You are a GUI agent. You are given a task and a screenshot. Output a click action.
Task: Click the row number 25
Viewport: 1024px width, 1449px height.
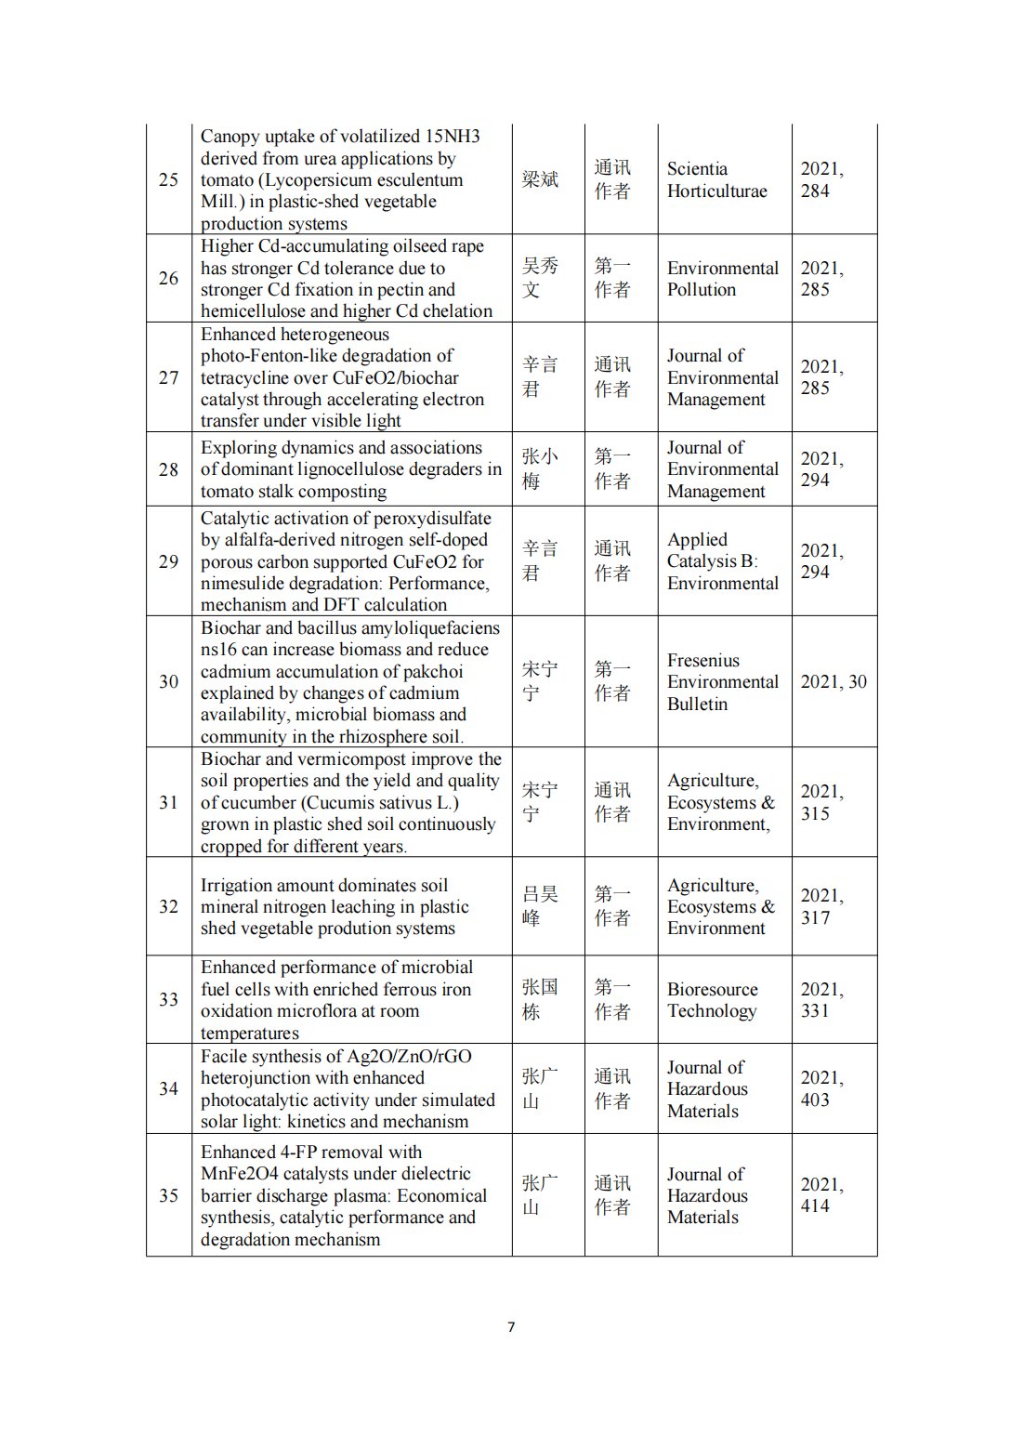(x=168, y=179)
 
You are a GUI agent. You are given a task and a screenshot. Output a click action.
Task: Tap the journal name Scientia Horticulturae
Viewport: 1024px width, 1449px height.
(x=716, y=180)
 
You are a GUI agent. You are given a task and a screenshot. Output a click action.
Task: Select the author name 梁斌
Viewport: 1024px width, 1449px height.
(x=540, y=179)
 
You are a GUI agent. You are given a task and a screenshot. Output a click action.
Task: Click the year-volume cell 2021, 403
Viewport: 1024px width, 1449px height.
(x=821, y=1088)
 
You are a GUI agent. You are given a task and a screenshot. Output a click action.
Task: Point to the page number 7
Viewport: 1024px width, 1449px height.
(x=511, y=1326)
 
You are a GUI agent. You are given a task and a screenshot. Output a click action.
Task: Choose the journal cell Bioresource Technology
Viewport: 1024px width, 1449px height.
(x=712, y=1000)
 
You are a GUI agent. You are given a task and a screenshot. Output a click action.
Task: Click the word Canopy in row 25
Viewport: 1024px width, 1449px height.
(x=230, y=137)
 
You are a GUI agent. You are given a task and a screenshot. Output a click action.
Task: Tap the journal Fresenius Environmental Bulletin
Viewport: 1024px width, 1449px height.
(x=722, y=682)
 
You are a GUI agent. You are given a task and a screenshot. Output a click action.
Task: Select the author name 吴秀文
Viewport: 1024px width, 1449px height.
(x=540, y=278)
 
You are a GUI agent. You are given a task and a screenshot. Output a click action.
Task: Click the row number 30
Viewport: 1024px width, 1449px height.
(x=168, y=681)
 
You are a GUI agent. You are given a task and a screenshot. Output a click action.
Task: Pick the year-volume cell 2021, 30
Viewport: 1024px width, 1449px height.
(x=834, y=681)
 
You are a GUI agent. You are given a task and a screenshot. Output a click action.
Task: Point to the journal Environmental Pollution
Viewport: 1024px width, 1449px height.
(x=722, y=279)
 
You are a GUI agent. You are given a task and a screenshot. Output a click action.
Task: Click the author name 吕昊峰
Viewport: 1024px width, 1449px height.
(x=540, y=906)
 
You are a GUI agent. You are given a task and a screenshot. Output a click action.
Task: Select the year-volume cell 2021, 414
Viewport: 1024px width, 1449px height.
(x=821, y=1194)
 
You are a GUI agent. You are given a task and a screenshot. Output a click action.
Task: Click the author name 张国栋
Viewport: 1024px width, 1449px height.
(x=540, y=999)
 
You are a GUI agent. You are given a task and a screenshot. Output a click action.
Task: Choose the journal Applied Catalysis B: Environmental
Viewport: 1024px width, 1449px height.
(x=722, y=561)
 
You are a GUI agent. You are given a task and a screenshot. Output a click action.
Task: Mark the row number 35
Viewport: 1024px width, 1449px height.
(x=168, y=1195)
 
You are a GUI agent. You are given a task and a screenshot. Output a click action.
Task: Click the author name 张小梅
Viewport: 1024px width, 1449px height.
(x=540, y=468)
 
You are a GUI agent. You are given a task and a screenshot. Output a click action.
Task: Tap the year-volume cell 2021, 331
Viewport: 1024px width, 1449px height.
(x=821, y=999)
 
